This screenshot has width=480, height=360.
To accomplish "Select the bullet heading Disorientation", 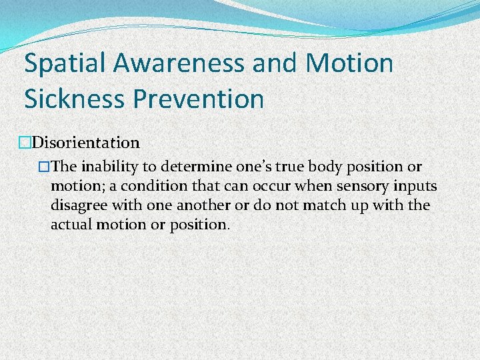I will click(x=86, y=143).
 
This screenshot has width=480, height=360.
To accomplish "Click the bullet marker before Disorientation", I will click(x=26, y=143).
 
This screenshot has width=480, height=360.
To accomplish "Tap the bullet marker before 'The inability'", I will click(x=45, y=166).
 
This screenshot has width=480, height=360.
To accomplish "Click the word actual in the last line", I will click(x=70, y=224).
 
